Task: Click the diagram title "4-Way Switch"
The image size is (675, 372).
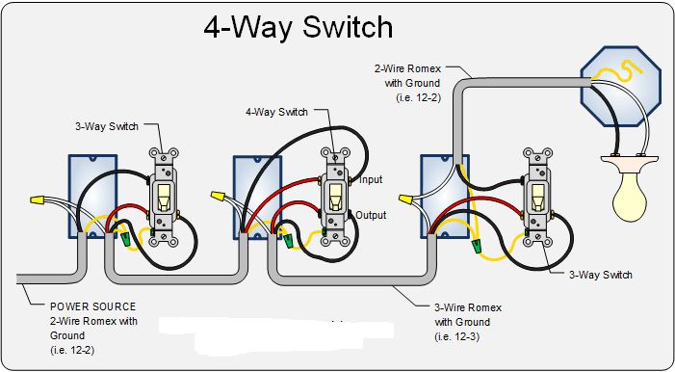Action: [x=298, y=27]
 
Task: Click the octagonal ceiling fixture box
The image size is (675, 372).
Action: [x=620, y=86]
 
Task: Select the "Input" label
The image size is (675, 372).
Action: [x=371, y=179]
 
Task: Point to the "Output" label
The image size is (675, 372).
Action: [x=371, y=215]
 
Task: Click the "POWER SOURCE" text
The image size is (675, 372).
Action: [x=93, y=306]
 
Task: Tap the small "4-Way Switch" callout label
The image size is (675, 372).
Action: [x=276, y=112]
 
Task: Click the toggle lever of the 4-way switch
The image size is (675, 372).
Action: [x=333, y=199]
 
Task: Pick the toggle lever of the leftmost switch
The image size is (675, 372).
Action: [x=163, y=198]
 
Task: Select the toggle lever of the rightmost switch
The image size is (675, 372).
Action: [x=537, y=198]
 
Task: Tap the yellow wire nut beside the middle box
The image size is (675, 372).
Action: [x=218, y=197]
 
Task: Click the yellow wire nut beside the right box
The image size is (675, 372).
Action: [x=405, y=199]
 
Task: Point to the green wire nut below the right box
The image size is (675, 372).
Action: [x=476, y=246]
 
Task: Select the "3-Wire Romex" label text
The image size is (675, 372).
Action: [x=468, y=307]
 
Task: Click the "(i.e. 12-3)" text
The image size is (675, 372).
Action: [x=456, y=336]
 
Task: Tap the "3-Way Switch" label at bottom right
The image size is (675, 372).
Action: [x=601, y=275]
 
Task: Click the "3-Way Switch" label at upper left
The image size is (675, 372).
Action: [x=107, y=126]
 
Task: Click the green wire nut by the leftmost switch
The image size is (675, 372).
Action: [x=126, y=240]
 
